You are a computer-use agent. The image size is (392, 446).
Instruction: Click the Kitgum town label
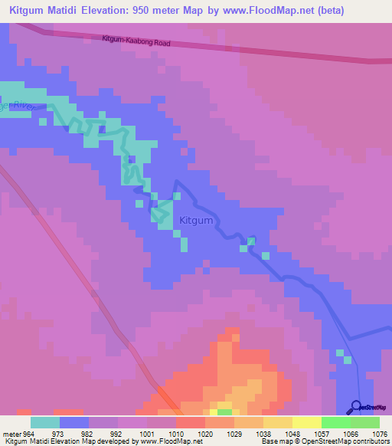point(195,221)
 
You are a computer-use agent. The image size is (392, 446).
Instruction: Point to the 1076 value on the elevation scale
point(380,434)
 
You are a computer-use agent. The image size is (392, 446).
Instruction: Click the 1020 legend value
point(205,434)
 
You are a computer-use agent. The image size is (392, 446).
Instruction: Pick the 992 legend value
point(118,434)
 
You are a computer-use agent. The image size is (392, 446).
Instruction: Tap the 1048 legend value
point(292,434)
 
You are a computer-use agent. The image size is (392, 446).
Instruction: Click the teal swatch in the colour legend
point(45,422)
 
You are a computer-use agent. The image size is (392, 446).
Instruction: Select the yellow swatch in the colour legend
point(307,422)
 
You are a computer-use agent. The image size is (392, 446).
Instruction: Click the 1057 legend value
point(322,434)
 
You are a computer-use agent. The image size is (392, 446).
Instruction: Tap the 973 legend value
point(60,434)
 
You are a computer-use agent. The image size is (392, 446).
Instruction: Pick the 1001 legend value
point(147,434)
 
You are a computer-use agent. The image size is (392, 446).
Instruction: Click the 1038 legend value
point(263,434)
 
